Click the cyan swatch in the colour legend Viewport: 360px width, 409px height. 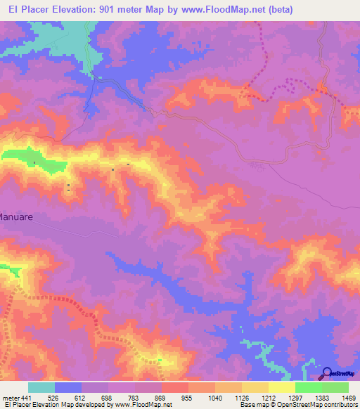tap(41, 387)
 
